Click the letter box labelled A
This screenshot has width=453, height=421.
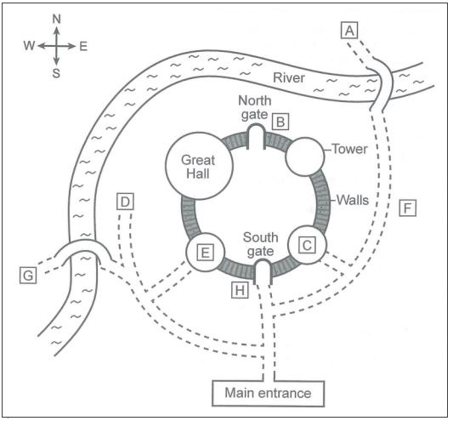tap(349, 30)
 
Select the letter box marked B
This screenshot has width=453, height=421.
tap(280, 122)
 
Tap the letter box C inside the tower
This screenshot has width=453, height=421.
tap(307, 245)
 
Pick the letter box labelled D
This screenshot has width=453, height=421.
tap(125, 202)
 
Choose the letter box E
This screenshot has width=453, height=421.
tap(205, 253)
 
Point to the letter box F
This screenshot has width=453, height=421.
tap(408, 208)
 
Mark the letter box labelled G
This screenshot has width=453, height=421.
tap(28, 275)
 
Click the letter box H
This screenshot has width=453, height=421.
tap(240, 290)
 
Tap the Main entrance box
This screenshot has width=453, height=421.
tap(268, 394)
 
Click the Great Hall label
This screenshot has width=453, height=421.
tap(198, 167)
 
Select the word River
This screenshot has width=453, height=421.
tap(289, 77)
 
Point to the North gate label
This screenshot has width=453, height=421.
tap(254, 107)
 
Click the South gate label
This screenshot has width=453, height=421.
tap(260, 245)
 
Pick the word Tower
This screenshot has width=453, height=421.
tap(349, 149)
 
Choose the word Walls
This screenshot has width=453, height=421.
tap(353, 200)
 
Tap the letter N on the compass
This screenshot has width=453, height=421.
tap(57, 19)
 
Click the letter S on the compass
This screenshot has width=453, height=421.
tap(56, 73)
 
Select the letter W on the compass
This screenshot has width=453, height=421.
tap(29, 46)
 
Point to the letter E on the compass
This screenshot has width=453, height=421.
tap(83, 46)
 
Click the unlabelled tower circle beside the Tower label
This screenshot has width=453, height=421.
tap(305, 156)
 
